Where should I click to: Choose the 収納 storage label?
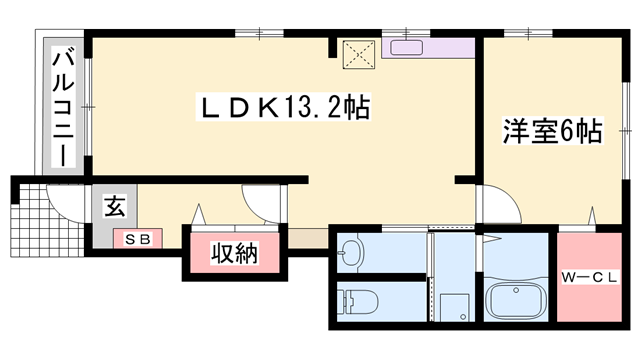pos(235,254)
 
